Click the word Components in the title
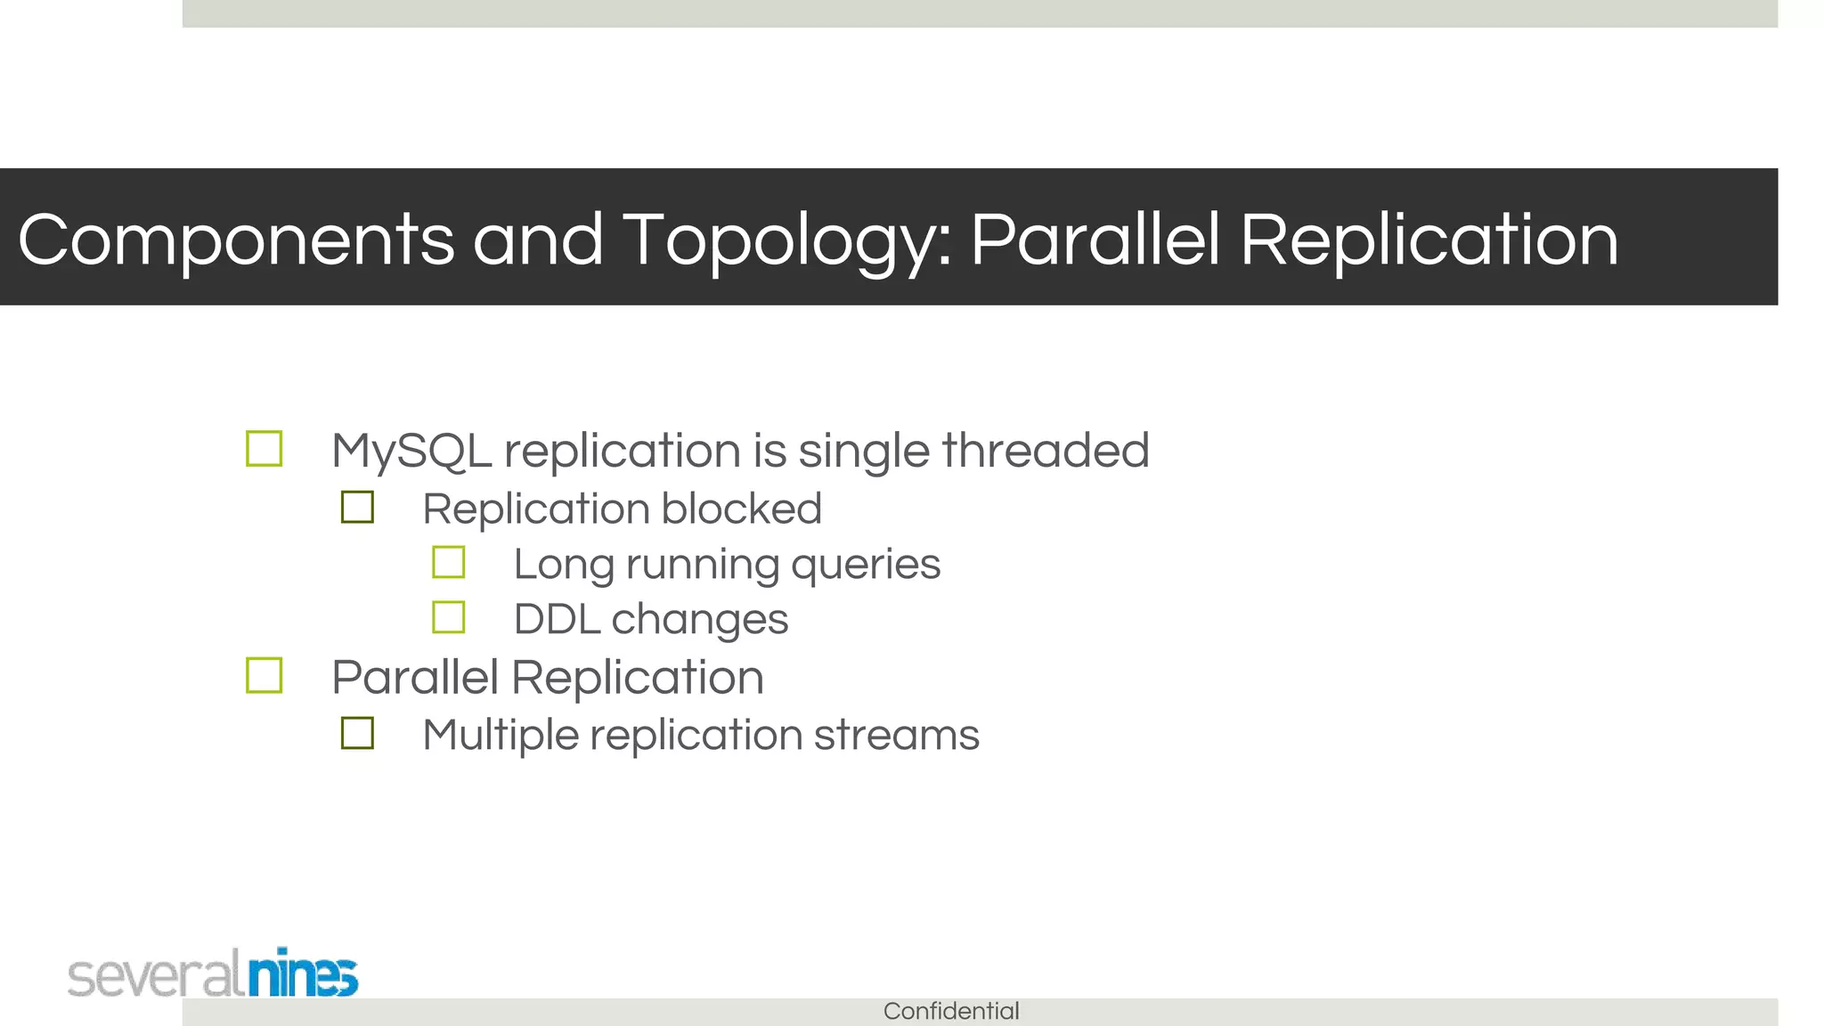pyautogui.click(x=236, y=240)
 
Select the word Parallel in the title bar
pyautogui.click(x=1095, y=240)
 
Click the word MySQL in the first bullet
pyautogui.click(x=411, y=451)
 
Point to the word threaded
pyautogui.click(x=1046, y=451)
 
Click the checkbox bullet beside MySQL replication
pyautogui.click(x=265, y=449)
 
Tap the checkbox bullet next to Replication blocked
pyautogui.click(x=357, y=508)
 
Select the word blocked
pyautogui.click(x=741, y=509)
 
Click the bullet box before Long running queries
pyautogui.click(x=448, y=563)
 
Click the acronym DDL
pyautogui.click(x=556, y=620)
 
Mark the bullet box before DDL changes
pyautogui.click(x=448, y=617)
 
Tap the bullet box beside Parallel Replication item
pyautogui.click(x=265, y=675)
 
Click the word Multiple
pyautogui.click(x=501, y=737)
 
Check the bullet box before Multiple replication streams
pyautogui.click(x=357, y=733)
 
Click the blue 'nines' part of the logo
pyautogui.click(x=303, y=973)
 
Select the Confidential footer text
pyautogui.click(x=951, y=1012)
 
